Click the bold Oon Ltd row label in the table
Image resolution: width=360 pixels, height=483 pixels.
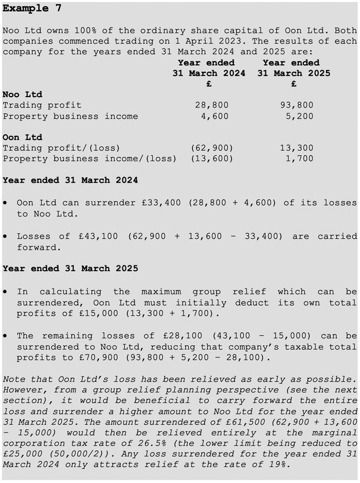22,137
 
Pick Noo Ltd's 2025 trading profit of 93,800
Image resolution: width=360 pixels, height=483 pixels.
297,105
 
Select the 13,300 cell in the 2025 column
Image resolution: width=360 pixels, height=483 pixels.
297,148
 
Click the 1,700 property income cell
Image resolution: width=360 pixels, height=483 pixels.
299,159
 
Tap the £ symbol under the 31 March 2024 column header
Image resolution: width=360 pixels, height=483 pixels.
209,84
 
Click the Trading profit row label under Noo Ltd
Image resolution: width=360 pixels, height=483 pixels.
42,105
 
